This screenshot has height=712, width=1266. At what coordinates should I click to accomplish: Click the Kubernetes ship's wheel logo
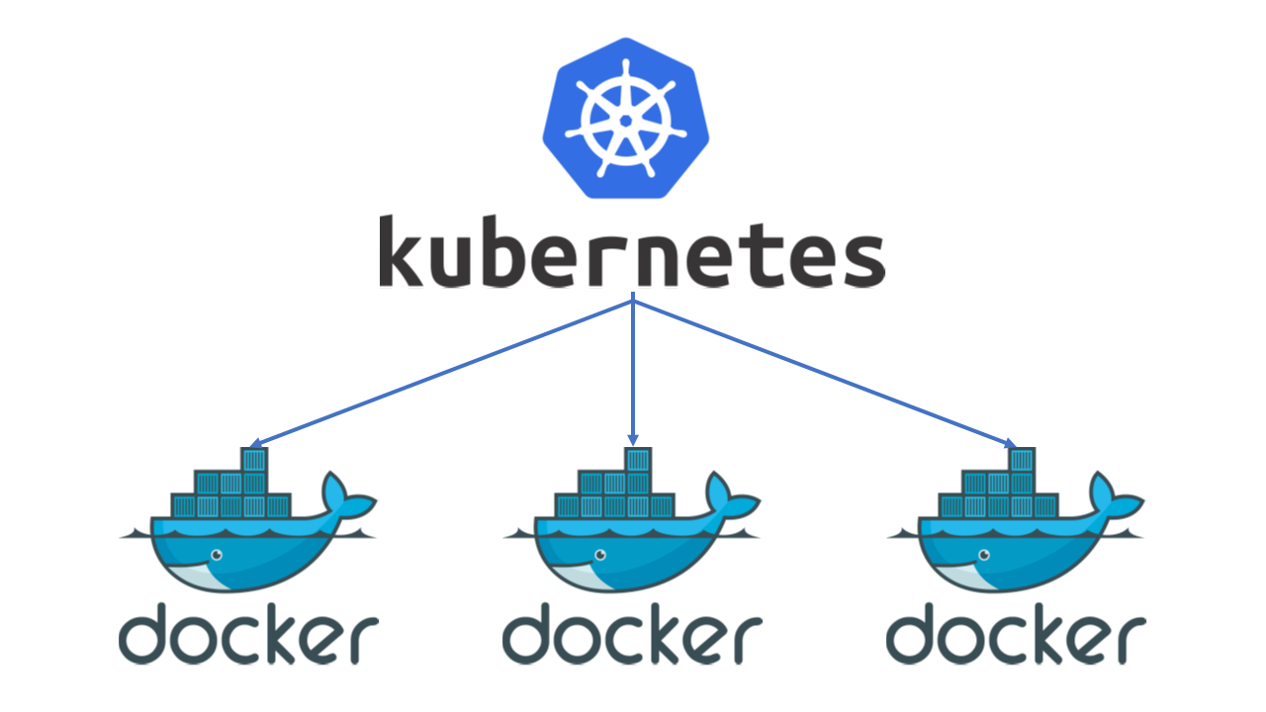click(x=626, y=119)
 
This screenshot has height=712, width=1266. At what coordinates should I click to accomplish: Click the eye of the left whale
click(x=216, y=557)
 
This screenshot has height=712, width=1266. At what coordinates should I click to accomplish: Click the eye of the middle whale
click(x=599, y=557)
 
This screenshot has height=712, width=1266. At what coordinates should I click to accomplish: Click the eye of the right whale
click(x=983, y=557)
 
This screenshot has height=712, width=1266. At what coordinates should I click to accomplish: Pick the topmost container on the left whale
click(x=254, y=460)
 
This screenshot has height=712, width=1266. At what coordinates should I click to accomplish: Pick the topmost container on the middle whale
click(x=638, y=460)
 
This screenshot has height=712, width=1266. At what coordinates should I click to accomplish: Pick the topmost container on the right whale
click(x=1022, y=460)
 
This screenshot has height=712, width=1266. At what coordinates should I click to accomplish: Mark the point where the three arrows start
click(x=633, y=301)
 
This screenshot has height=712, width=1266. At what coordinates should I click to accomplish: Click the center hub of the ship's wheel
click(x=626, y=120)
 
